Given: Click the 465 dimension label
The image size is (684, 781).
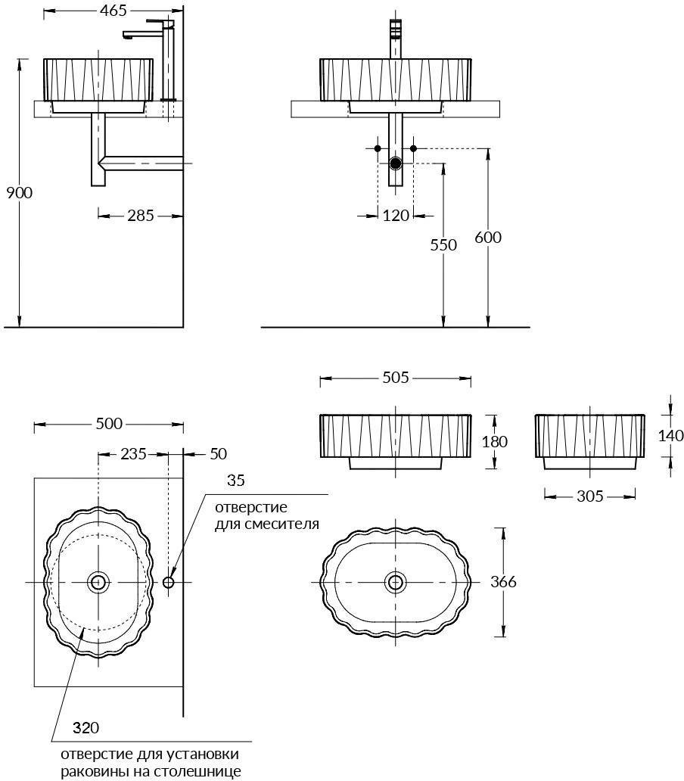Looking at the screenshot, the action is click(113, 11).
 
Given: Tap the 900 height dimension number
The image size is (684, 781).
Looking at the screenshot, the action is click(20, 192).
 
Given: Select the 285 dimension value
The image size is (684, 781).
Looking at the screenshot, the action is click(141, 215).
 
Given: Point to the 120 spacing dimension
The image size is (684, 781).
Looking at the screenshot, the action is click(396, 215).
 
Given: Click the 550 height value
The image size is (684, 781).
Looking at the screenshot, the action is click(443, 244).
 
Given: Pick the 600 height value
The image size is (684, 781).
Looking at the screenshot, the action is click(488, 237).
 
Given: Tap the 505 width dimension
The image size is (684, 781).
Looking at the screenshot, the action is click(396, 378).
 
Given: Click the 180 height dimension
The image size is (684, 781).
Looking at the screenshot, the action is click(494, 441).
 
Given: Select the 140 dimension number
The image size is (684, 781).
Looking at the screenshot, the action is click(670, 435).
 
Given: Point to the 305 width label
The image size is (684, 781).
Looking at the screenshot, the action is click(590, 496).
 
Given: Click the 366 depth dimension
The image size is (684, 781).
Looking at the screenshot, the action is click(503, 581).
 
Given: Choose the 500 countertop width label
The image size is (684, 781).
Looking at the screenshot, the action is click(109, 423).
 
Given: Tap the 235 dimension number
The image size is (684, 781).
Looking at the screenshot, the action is click(133, 454).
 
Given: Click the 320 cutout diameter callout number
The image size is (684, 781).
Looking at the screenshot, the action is click(85, 728).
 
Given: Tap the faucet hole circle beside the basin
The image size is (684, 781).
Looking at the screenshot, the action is click(168, 582).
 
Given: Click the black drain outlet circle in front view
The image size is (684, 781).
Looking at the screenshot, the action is click(396, 163).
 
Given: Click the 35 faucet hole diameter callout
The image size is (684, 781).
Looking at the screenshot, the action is click(236, 480).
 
